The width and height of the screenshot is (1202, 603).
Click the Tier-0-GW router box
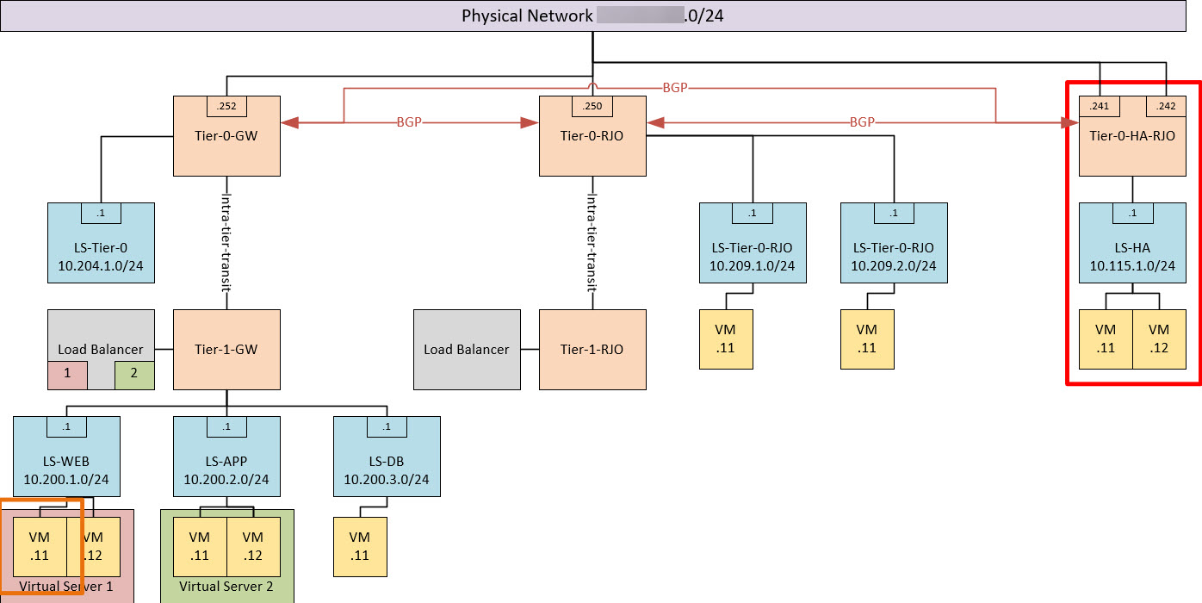tap(227, 142)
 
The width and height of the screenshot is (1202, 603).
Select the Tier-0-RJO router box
tap(592, 142)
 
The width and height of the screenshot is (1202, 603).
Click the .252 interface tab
tap(227, 106)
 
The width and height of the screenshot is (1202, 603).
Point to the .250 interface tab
tap(592, 106)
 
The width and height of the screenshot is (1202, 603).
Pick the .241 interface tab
tap(1099, 106)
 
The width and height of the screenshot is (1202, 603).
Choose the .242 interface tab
tap(1166, 106)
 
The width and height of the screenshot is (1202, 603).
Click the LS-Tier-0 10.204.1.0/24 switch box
tap(102, 249)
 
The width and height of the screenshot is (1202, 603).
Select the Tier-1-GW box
tap(227, 350)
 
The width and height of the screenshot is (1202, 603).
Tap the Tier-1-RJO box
tap(592, 350)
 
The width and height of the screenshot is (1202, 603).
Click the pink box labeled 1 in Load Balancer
tap(68, 374)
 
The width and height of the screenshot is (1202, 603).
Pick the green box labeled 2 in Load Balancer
tap(133, 374)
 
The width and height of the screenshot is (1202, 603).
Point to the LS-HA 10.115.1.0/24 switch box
tap(1132, 249)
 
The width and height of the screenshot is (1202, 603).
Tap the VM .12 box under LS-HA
tap(1159, 339)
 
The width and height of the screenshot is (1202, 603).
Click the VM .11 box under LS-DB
tap(360, 546)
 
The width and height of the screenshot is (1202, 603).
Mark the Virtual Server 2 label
tap(226, 587)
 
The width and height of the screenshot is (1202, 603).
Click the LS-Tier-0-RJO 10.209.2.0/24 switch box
tap(894, 249)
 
